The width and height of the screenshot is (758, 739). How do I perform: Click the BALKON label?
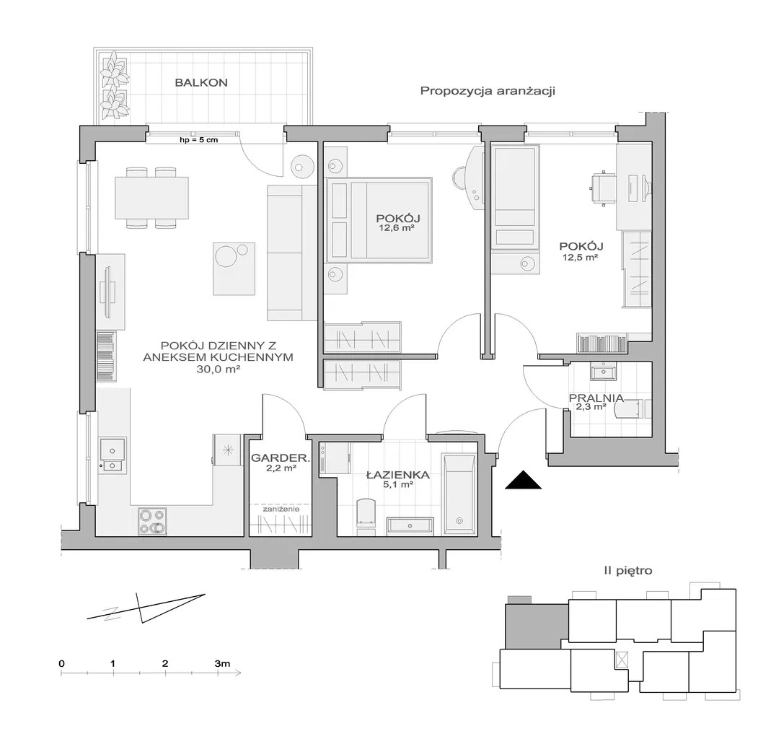(201, 83)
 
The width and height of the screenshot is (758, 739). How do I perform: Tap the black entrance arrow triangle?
(523, 480)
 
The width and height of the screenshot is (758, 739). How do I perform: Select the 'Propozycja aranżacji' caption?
(488, 91)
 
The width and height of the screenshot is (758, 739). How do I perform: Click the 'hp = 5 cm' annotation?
(198, 140)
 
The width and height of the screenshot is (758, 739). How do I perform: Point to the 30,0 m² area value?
(218, 369)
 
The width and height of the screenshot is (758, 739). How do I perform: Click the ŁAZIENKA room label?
(398, 475)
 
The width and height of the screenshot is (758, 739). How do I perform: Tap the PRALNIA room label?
(596, 398)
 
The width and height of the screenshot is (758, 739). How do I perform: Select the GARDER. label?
(281, 458)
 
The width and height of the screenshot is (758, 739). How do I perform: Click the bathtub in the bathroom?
(459, 495)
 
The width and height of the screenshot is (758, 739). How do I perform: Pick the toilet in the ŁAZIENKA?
(365, 517)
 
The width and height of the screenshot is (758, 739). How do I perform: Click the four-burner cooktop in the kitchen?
(152, 521)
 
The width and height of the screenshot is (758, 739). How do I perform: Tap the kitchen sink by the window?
(113, 455)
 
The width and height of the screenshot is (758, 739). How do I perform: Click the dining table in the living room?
(151, 198)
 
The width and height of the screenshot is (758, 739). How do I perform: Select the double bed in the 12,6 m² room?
(379, 219)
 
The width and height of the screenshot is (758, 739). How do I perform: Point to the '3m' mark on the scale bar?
(222, 663)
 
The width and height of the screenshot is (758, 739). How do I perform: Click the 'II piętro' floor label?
(628, 571)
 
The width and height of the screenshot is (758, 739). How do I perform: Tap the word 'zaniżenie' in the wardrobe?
(281, 509)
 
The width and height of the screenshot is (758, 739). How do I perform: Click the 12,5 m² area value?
(580, 258)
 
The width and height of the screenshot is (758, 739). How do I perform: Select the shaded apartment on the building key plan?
(536, 624)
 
